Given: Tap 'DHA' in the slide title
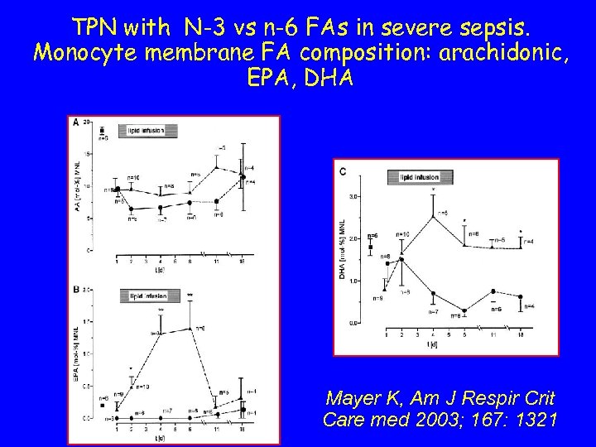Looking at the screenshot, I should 329,80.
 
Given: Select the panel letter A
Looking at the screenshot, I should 77,123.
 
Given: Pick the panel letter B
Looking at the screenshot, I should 77,289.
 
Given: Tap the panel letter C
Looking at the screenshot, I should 343,171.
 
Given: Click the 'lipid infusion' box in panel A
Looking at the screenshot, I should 146,131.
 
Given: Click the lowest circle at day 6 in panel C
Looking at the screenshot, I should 464,311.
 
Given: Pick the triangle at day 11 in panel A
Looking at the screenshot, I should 217,167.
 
